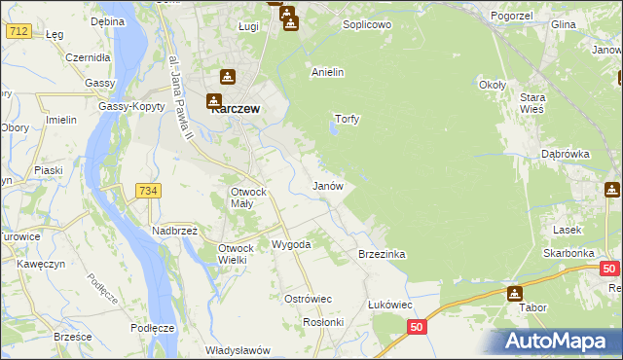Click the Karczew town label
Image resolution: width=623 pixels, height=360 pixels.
pos(235,110)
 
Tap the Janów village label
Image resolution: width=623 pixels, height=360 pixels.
pos(326,185)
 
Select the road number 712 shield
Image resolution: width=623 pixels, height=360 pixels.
pos(18,31)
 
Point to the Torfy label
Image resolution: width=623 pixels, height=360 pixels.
pos(348,119)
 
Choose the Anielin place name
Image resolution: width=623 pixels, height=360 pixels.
pos(327,72)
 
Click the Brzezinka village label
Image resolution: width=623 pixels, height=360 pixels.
pos(382,254)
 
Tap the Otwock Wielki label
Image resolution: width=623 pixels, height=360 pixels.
pos(235,254)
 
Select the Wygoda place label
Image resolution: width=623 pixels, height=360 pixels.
pos(290,244)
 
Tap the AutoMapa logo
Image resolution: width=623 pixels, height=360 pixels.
pos(560,341)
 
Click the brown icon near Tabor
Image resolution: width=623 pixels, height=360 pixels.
pos(514,293)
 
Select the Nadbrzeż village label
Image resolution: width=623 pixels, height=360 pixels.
pos(174,231)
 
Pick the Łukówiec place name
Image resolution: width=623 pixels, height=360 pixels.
pos(389,305)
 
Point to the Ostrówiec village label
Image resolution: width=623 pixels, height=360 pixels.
pos(309,298)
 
